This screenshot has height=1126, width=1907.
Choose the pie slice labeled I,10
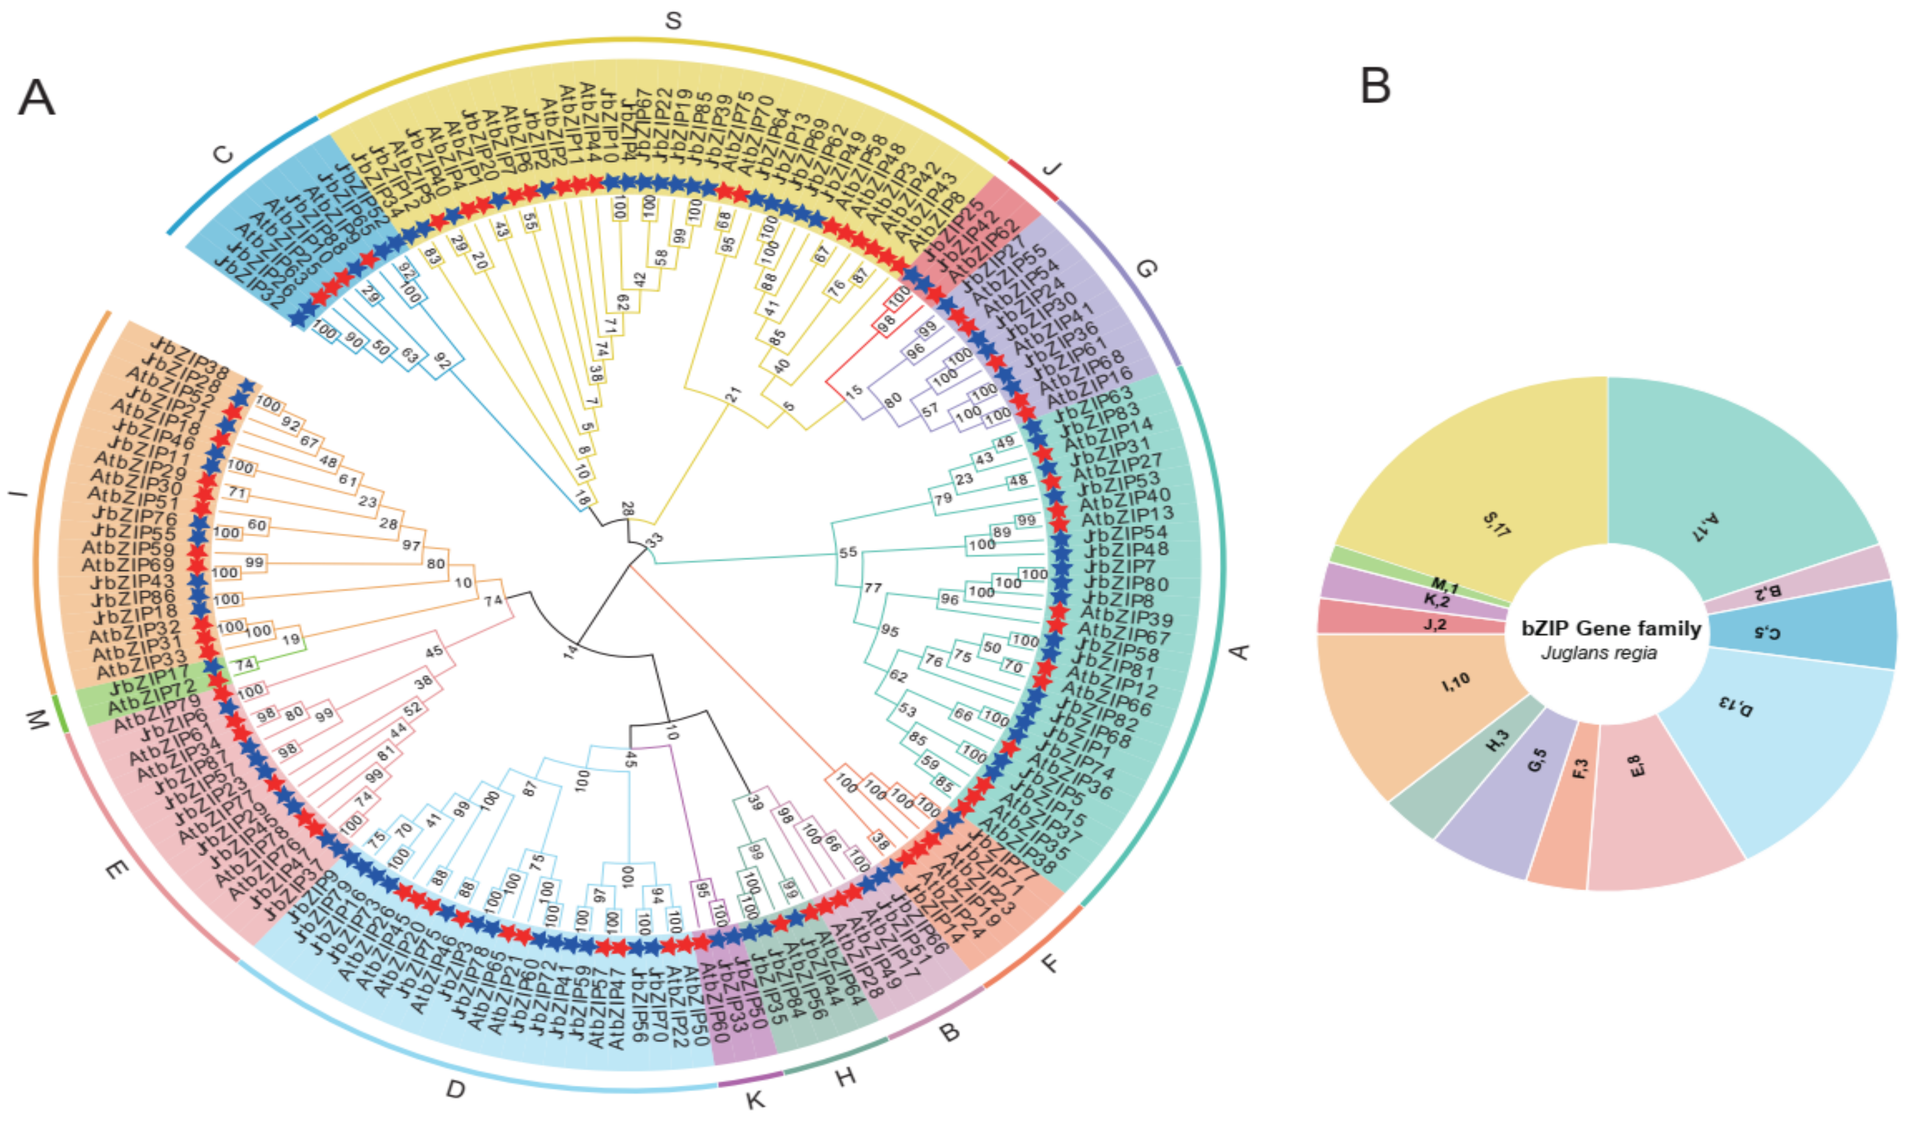point(1425,706)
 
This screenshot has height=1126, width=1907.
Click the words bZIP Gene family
point(1611,628)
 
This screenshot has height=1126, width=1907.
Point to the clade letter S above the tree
point(673,21)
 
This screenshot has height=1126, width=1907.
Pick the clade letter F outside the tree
point(1050,964)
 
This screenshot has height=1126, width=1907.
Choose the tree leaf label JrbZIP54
point(1125,533)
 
